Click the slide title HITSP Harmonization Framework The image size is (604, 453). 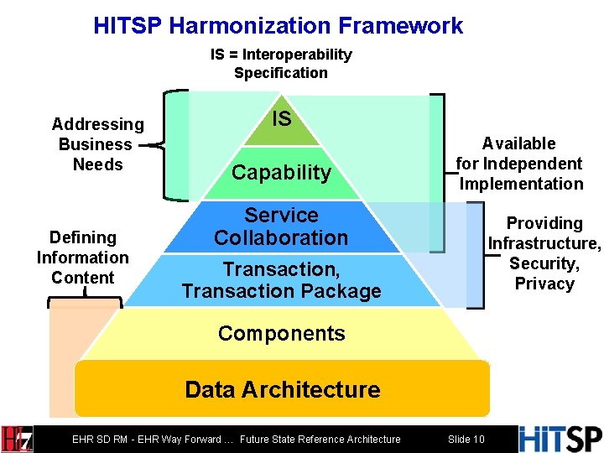tap(278, 25)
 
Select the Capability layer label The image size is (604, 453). tap(282, 173)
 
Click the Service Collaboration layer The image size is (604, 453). tap(281, 226)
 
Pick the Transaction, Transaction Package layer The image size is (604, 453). tap(281, 280)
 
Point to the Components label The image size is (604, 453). tap(281, 333)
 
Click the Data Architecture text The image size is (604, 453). tap(282, 389)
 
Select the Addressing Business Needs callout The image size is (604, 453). tap(97, 144)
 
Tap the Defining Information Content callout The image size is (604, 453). tap(82, 258)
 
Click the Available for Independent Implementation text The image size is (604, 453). tap(519, 164)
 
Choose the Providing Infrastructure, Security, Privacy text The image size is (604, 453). tap(544, 253)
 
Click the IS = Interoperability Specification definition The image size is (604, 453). tap(281, 64)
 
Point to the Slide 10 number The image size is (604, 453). tap(466, 439)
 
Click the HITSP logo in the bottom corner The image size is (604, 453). tap(560, 438)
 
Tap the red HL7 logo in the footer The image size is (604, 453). tap(17, 439)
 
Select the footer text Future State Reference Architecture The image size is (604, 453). tap(320, 439)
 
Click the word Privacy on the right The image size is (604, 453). tap(544, 284)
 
